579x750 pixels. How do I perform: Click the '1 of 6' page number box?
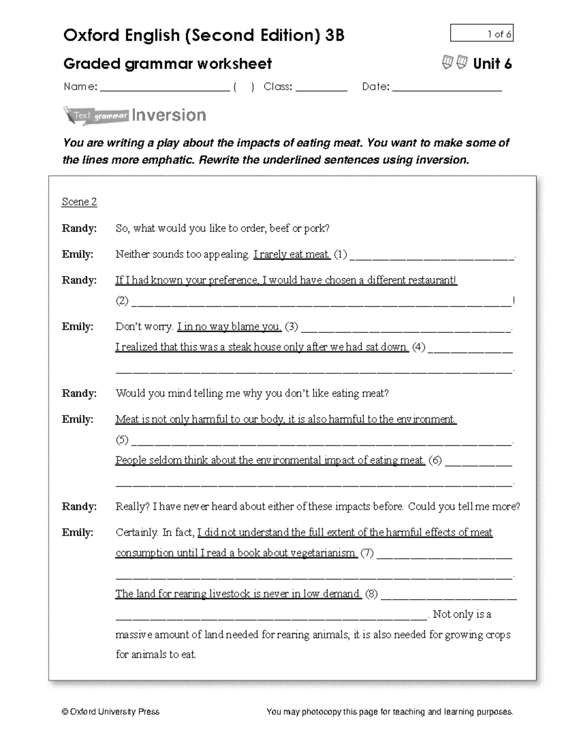pyautogui.click(x=481, y=33)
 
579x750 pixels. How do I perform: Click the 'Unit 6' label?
pyautogui.click(x=492, y=64)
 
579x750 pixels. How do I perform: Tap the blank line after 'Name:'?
pyautogui.click(x=164, y=88)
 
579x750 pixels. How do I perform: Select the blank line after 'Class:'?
pyautogui.click(x=321, y=88)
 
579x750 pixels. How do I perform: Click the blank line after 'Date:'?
pyautogui.click(x=447, y=88)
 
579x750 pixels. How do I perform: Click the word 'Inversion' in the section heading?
pyautogui.click(x=169, y=115)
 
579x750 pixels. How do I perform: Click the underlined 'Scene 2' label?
pyautogui.click(x=79, y=202)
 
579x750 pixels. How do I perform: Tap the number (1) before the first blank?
pyautogui.click(x=340, y=255)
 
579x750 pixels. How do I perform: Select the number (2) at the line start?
pyautogui.click(x=122, y=301)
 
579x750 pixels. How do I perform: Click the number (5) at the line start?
pyautogui.click(x=122, y=439)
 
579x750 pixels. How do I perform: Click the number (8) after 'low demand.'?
pyautogui.click(x=371, y=594)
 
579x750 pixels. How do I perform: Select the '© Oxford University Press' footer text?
pyautogui.click(x=110, y=711)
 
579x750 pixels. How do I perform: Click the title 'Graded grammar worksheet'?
pyautogui.click(x=167, y=64)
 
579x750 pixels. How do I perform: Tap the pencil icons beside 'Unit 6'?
pyautogui.click(x=455, y=62)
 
